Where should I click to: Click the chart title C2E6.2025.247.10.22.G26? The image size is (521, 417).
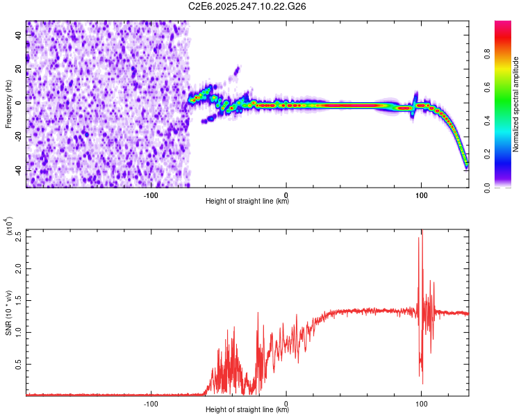[247, 6]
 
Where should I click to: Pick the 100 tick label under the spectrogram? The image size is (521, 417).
[421, 195]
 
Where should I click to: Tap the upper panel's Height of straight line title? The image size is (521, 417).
[247, 202]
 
